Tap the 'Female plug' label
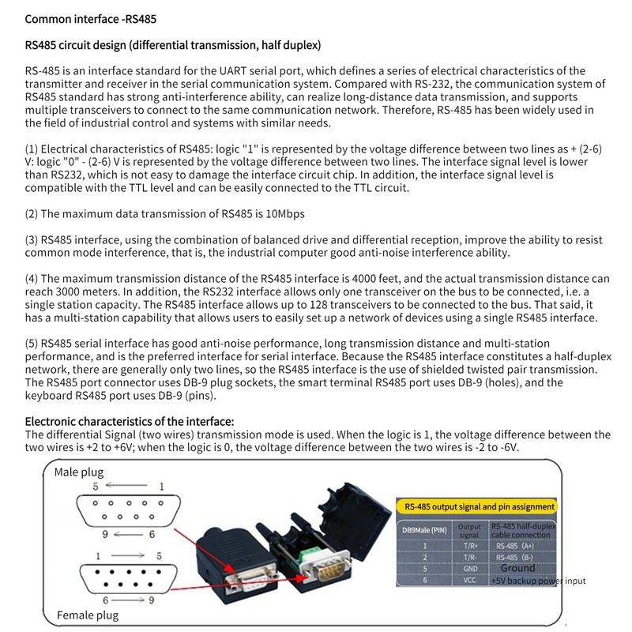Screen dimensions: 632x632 coord(87,615)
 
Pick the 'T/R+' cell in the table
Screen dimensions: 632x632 coord(469,545)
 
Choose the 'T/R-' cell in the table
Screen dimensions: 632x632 coord(469,556)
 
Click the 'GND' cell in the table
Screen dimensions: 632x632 coord(469,568)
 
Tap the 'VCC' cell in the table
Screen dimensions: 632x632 coord(469,581)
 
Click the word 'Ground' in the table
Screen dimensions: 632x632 coord(517,568)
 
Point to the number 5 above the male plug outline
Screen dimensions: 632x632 coord(96,487)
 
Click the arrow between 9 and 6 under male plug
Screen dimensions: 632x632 coord(127,535)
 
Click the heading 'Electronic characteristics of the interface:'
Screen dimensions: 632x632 coord(130,421)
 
